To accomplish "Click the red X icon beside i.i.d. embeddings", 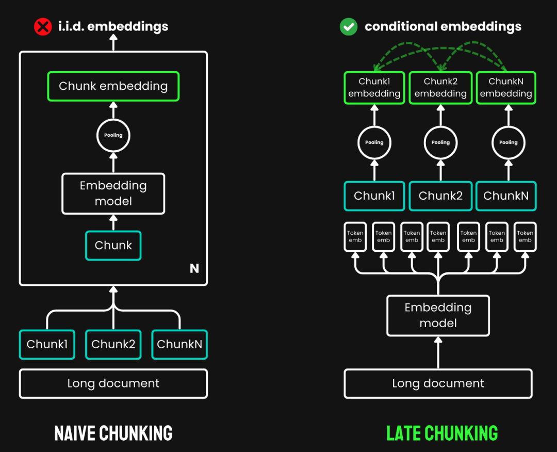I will tap(43, 26).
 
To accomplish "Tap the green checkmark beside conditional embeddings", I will tap(349, 26).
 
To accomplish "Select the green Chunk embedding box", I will tap(113, 86).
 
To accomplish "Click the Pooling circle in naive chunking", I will tap(113, 136).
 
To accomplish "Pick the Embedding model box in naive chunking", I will tap(113, 193).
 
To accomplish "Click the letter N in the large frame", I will tap(194, 268).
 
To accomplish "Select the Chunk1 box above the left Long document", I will tap(47, 344).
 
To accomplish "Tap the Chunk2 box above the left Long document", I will tap(113, 344).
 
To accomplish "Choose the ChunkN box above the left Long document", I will tap(179, 344).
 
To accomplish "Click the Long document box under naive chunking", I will tap(113, 383).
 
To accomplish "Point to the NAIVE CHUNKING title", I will tap(113, 433).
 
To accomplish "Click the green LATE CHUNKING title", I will tap(442, 433).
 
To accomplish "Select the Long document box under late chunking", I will tap(438, 383).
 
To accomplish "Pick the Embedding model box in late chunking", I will tap(438, 315).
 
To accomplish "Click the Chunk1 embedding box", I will tap(374, 88).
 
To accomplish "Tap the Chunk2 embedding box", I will tap(440, 88).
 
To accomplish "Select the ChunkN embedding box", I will tap(506, 88).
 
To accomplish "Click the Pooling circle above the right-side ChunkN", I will tap(508, 142).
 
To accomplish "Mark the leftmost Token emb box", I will tap(355, 236).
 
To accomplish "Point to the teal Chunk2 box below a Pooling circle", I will tap(440, 196).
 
